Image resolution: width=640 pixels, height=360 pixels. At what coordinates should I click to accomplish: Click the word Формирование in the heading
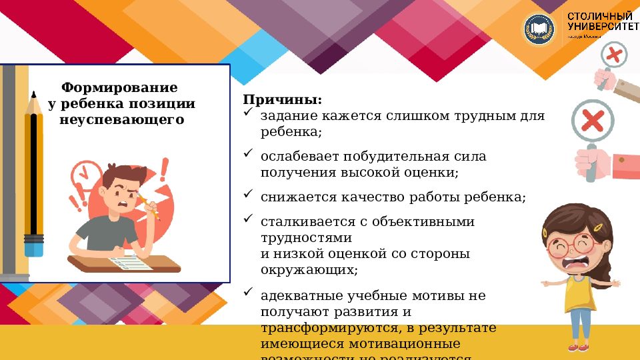[x=119, y=87]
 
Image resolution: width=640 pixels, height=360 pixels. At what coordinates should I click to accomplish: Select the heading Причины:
[x=282, y=100]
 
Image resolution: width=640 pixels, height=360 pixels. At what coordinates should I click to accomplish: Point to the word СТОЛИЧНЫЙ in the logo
[x=599, y=15]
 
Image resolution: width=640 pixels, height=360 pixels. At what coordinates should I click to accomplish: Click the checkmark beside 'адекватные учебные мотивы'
[x=247, y=292]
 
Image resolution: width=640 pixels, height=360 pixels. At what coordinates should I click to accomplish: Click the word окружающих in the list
[x=307, y=269]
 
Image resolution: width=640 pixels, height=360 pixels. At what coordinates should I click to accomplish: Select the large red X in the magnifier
[x=592, y=121]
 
